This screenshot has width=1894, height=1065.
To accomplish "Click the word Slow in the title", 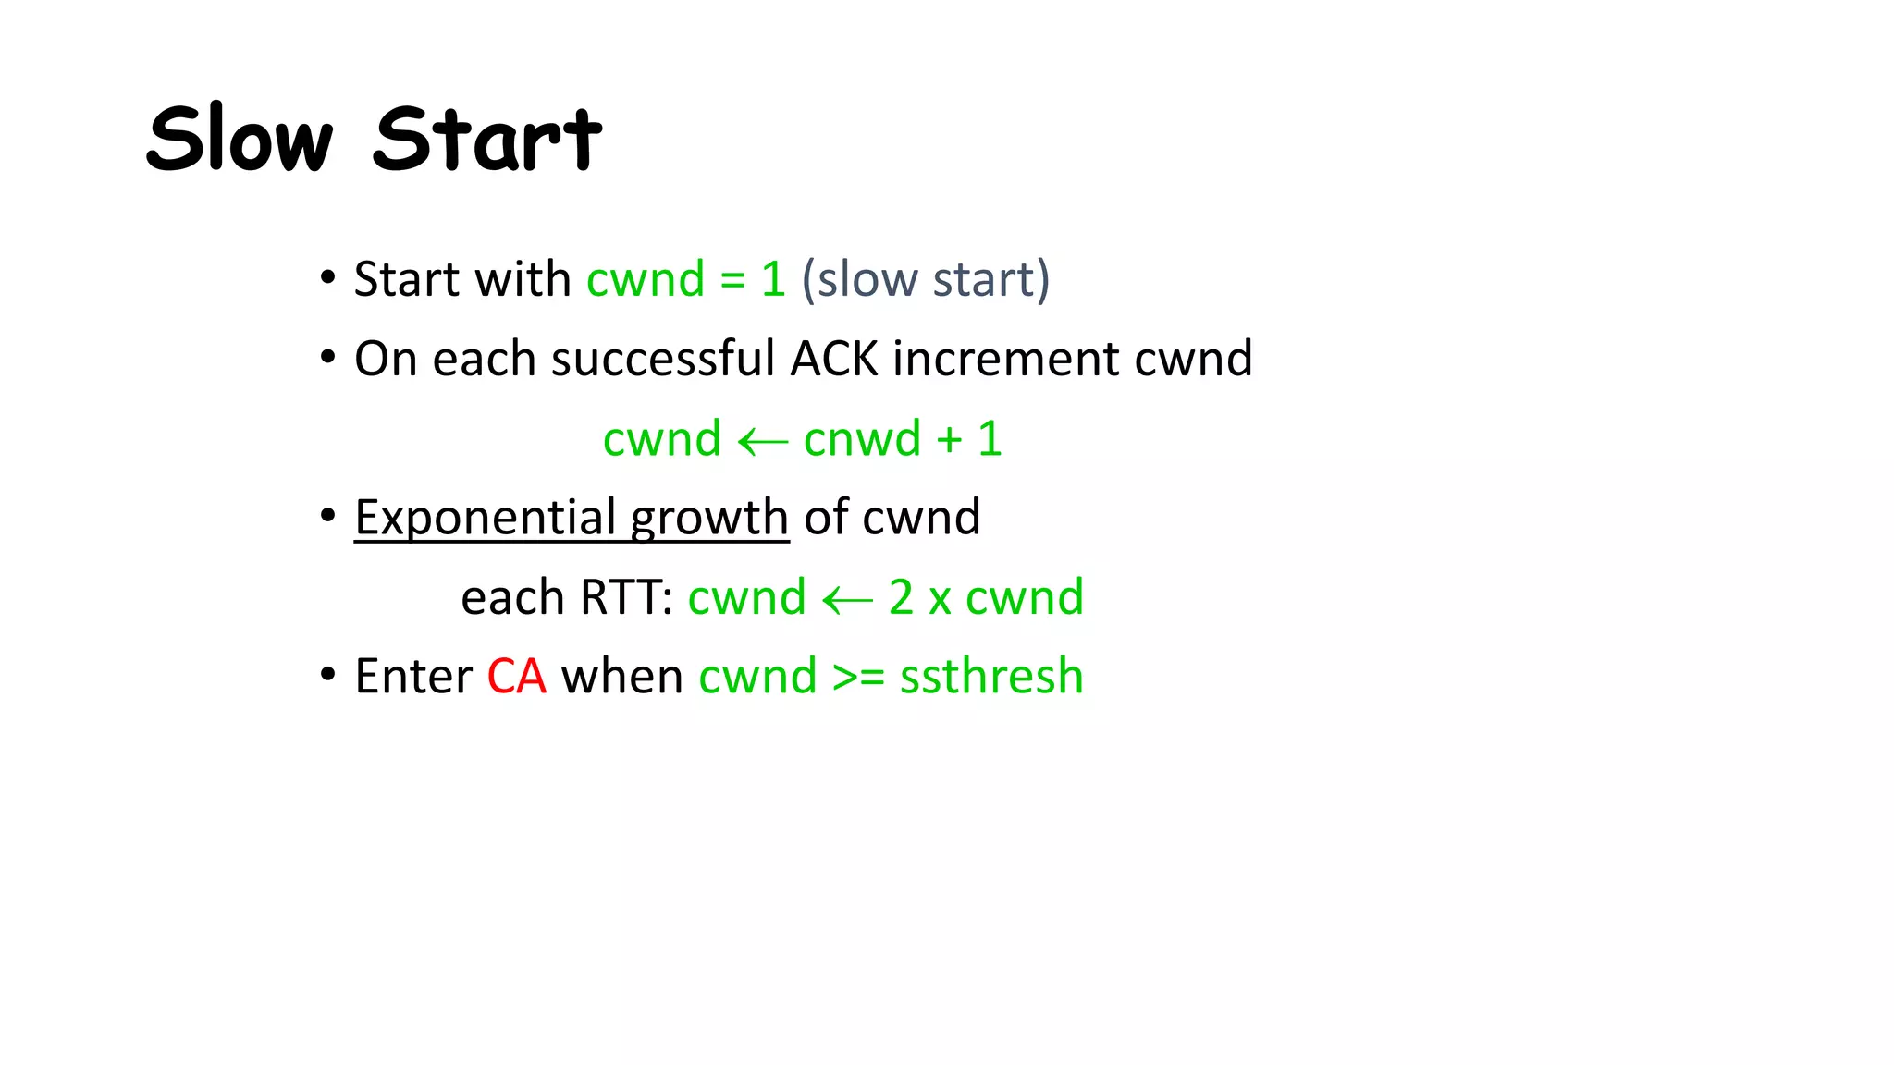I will coord(239,139).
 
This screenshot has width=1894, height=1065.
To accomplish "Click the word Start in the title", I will coord(487,139).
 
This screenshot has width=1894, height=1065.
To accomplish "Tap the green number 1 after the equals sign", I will coord(773,279).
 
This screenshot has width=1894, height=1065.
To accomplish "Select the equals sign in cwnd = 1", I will coord(732,280).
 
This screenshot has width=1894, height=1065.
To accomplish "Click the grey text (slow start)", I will coord(926,279).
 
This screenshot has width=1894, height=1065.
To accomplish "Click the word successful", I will coord(662,359).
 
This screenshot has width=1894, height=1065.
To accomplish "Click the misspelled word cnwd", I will coord(862,439).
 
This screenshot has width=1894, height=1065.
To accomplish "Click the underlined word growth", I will coord(709,519).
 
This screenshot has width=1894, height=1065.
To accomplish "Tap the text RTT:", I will coord(626,597).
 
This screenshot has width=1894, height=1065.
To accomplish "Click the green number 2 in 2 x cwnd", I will coord(901,597).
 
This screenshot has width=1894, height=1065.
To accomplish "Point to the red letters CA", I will coord(516,677).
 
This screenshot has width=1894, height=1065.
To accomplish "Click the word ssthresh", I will coord(990,677).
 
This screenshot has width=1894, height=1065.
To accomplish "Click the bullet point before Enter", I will coord(327,675).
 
